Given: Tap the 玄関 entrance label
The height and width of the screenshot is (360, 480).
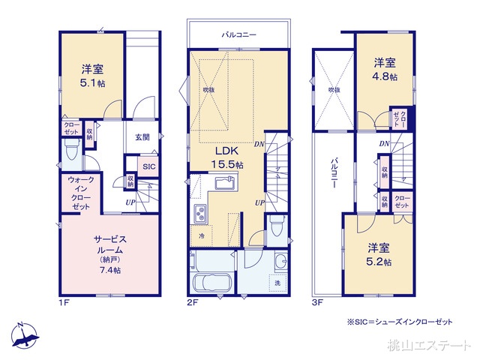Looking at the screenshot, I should (x=143, y=137).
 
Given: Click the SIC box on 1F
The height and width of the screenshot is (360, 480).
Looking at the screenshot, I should (x=148, y=166).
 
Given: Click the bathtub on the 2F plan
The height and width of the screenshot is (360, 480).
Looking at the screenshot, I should (x=213, y=285).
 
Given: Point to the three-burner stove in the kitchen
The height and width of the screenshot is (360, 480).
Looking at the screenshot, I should (x=201, y=214).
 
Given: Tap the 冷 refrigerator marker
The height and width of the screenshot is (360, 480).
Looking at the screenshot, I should (x=202, y=236).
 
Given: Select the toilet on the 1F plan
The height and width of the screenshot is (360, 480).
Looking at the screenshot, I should (x=71, y=154).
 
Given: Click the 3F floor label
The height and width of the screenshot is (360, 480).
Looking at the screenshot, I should (x=317, y=303).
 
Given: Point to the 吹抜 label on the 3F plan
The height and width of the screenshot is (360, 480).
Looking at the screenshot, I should (x=333, y=89).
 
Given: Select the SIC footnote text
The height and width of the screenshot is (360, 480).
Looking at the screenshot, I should (x=400, y=321).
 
